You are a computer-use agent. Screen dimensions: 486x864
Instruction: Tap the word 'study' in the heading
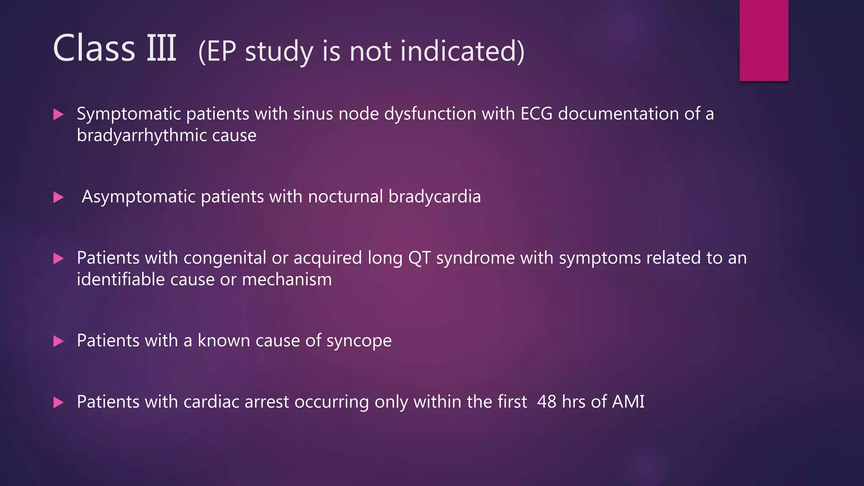279,51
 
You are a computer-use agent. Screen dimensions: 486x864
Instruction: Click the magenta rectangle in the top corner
764,40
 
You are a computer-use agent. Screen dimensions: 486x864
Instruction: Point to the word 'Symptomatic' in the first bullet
128,114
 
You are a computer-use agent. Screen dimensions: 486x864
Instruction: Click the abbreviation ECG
536,114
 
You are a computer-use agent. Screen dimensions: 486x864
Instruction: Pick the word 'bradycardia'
434,197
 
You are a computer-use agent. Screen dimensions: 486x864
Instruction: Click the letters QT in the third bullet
419,258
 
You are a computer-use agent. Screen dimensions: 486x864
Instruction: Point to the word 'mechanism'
286,280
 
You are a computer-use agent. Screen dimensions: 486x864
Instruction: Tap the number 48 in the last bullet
546,402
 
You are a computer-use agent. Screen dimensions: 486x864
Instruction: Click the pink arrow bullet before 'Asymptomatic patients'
59,197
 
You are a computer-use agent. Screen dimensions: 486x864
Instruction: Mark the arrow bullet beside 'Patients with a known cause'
59,341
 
